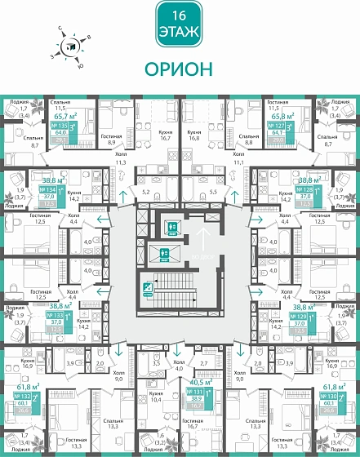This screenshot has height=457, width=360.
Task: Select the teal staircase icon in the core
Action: [x=149, y=286]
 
